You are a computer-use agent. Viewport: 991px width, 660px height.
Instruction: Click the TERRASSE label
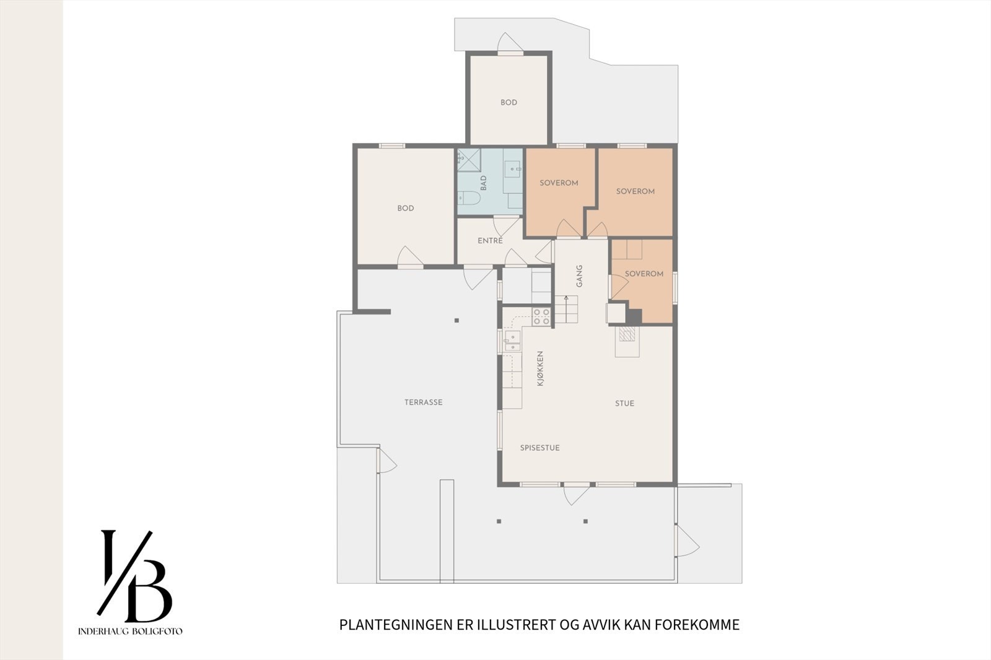pyautogui.click(x=424, y=402)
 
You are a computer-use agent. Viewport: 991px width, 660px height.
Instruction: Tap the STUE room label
pyautogui.click(x=624, y=404)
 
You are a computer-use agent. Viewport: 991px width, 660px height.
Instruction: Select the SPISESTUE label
pyautogui.click(x=539, y=448)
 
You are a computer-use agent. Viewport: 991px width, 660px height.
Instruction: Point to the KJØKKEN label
pyautogui.click(x=540, y=369)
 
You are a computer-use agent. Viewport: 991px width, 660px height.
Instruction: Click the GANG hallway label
pyautogui.click(x=580, y=276)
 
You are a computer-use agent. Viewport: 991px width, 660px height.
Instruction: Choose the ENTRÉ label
pyautogui.click(x=490, y=241)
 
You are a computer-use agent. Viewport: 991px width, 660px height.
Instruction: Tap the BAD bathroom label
pyautogui.click(x=484, y=183)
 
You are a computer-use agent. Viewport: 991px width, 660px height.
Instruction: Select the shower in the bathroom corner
pyautogui.click(x=469, y=160)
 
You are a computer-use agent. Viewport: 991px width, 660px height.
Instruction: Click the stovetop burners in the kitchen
pyautogui.click(x=541, y=316)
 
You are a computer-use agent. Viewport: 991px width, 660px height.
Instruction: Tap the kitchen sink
pyautogui.click(x=512, y=340)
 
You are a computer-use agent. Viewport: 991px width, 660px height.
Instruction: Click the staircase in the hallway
pyautogui.click(x=566, y=309)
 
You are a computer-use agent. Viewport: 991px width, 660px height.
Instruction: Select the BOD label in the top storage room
pyautogui.click(x=509, y=103)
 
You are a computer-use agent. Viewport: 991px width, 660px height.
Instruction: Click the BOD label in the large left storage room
pyautogui.click(x=406, y=209)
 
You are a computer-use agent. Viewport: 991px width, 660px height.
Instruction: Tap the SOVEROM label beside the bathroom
pyautogui.click(x=559, y=183)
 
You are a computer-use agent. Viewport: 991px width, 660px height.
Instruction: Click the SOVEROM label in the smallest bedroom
pyautogui.click(x=644, y=274)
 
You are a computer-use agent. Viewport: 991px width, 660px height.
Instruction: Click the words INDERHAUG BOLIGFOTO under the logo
pyautogui.click(x=130, y=632)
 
